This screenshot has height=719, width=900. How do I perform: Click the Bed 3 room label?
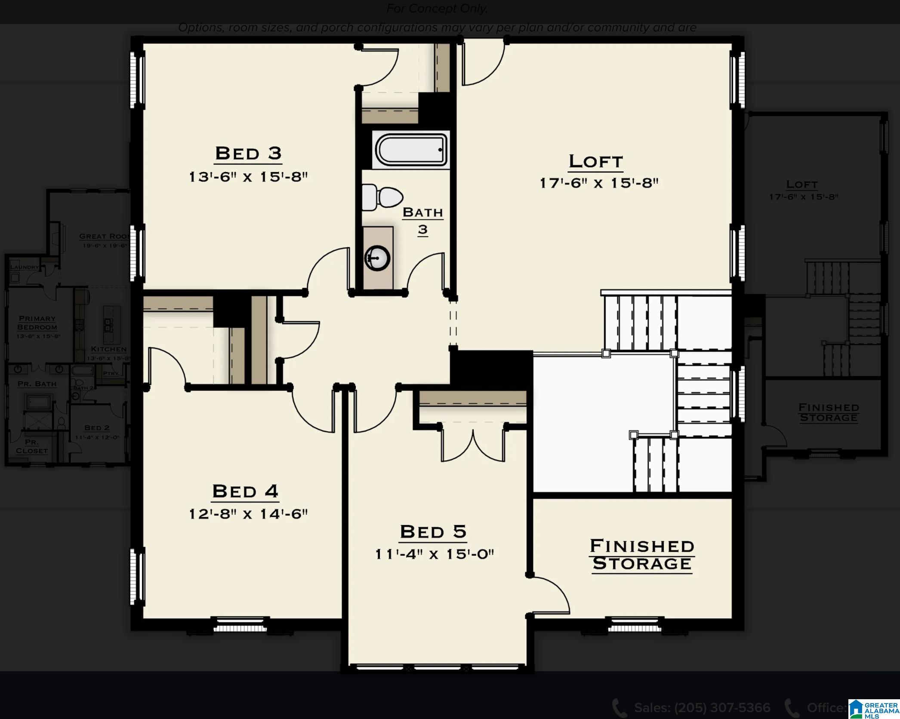point(248,154)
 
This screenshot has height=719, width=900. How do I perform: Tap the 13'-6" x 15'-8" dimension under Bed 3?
point(248,177)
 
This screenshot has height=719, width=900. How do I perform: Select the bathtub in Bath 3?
point(411,150)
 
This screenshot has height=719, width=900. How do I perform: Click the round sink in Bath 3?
point(377,258)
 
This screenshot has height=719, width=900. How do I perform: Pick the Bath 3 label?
point(422,221)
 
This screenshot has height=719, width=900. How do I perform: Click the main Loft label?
point(595,162)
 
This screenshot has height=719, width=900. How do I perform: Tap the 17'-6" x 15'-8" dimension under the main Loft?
point(599,183)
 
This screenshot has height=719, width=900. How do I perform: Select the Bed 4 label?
point(245,492)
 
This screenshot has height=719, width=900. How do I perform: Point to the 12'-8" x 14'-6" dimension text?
point(248,514)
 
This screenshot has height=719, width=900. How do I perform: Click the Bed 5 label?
point(433,532)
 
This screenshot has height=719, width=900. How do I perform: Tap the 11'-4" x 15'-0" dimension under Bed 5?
point(434,554)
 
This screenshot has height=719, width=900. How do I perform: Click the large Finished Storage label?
point(641,555)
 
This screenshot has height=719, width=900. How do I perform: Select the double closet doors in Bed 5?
point(473,445)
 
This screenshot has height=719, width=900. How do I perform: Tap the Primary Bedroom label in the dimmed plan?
point(37,323)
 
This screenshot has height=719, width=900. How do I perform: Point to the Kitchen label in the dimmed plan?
point(108,349)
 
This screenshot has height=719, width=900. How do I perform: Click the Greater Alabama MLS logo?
point(873,709)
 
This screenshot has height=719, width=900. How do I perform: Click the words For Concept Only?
point(437,9)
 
